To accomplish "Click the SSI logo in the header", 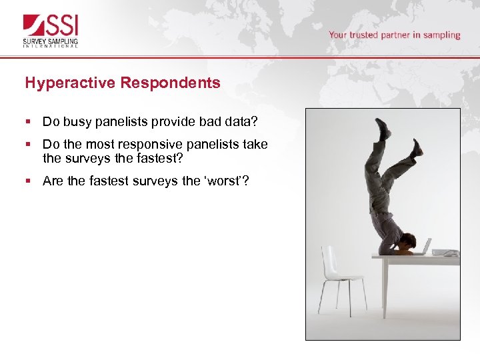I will [x=51, y=27].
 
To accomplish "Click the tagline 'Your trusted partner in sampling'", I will [x=394, y=35].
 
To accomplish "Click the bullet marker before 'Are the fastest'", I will [x=27, y=181].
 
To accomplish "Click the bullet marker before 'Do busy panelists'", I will [x=27, y=122].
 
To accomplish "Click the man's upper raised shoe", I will [x=382, y=129].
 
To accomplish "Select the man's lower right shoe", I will [x=416, y=147].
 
